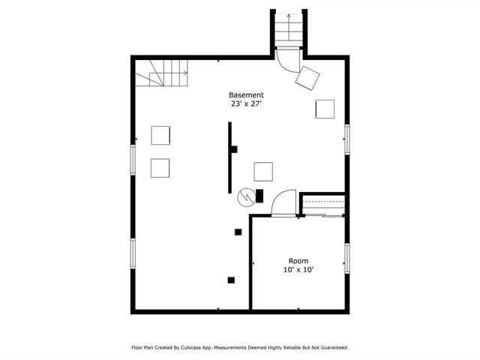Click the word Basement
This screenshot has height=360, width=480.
246,95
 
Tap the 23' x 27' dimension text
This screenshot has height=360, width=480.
246,105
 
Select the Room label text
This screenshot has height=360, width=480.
298,261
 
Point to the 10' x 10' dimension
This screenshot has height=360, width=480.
298,270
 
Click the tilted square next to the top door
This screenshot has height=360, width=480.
308,76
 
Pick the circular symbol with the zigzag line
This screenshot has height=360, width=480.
245,196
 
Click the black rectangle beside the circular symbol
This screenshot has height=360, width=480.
259,196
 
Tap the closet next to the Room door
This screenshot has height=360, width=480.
322,205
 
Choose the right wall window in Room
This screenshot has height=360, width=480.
346,257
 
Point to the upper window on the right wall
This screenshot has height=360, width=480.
346,139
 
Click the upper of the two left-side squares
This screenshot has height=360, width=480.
160,135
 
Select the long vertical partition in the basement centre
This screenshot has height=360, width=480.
229,158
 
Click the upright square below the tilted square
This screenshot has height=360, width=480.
325,109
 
